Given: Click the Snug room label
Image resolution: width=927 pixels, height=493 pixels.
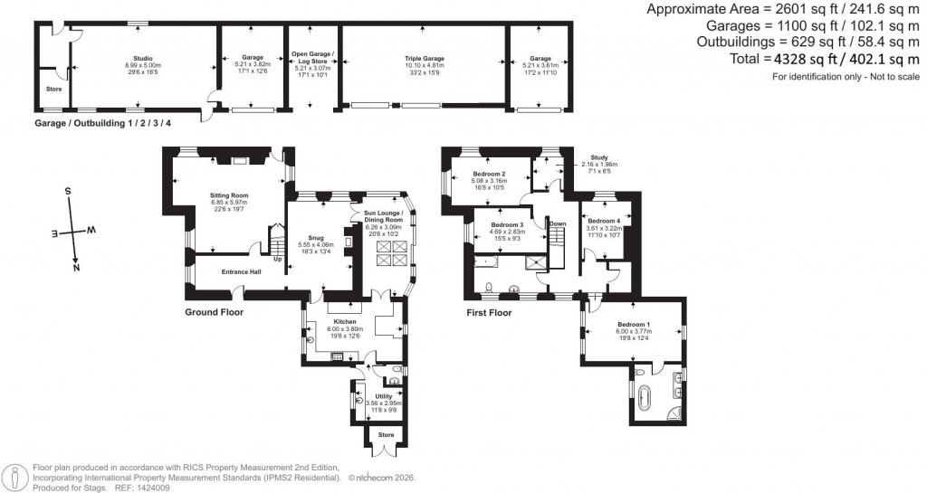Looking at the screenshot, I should [x=327, y=237].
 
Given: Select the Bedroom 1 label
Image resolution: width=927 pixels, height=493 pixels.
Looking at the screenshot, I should [x=634, y=324].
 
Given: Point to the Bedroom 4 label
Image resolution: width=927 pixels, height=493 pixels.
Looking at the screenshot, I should [x=604, y=222].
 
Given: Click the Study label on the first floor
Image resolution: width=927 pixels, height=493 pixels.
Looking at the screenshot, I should [x=597, y=156].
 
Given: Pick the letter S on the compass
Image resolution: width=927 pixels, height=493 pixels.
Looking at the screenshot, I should [x=67, y=192].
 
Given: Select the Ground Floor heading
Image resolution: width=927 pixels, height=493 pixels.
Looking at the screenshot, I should [x=214, y=312].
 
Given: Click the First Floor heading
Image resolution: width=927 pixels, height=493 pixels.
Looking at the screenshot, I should [x=490, y=312].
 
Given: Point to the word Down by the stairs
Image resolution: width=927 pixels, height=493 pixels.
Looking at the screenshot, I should [x=558, y=224].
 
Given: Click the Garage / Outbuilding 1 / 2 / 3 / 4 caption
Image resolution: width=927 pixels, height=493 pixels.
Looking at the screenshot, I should [x=102, y=122].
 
